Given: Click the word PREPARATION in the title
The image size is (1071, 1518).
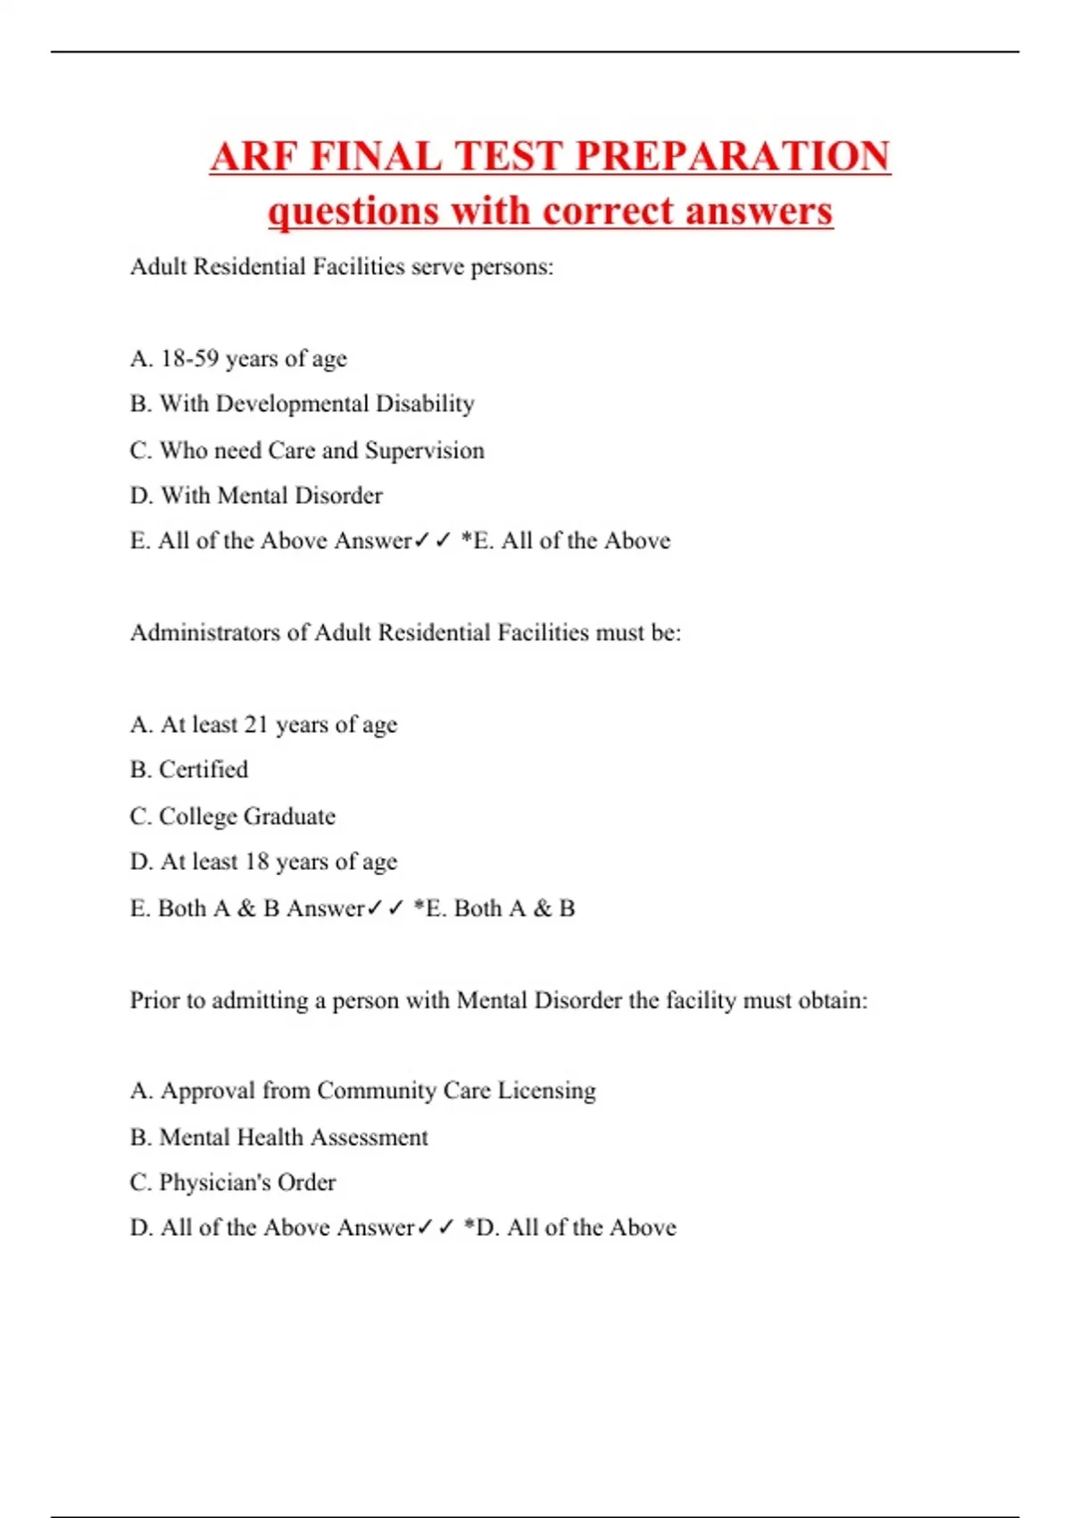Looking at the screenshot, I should coord(733,156).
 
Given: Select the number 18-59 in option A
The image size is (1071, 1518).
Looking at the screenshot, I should coord(189,358).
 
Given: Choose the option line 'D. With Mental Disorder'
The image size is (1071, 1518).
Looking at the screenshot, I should coord(256,496).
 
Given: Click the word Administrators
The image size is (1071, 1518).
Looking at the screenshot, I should coord(205,632).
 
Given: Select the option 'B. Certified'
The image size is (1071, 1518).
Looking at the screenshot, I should coord(189,770).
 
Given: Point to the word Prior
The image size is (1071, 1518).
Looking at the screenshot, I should coord(155,1000).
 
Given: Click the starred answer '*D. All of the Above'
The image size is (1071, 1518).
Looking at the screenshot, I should coord(570,1228).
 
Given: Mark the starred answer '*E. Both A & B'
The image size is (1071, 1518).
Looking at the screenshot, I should coord(494,908).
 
